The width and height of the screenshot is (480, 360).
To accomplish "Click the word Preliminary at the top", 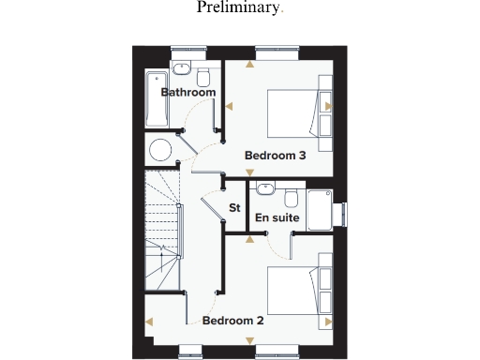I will point(238,8).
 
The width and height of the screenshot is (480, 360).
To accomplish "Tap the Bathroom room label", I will point(188,92).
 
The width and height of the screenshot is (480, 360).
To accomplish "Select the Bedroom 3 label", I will point(276,156).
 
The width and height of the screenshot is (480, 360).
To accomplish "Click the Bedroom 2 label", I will point(233,320).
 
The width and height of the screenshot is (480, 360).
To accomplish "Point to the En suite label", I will point(277,217).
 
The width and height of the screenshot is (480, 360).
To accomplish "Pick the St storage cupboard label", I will point(235,207).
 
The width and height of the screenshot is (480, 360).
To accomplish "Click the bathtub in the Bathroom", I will point(156,97).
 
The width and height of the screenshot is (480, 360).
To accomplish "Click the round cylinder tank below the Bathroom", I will point(161,149).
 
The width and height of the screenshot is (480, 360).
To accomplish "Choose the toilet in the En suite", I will point(292,198).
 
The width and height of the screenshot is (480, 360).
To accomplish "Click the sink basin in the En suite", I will point(265,187).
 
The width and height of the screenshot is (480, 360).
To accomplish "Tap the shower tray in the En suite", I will point(319,211).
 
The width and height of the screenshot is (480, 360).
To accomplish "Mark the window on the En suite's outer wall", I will point(343,215).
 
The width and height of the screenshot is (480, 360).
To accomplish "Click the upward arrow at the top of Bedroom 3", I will point(249,66).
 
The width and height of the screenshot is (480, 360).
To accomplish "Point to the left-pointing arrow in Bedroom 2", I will point(150,322).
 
